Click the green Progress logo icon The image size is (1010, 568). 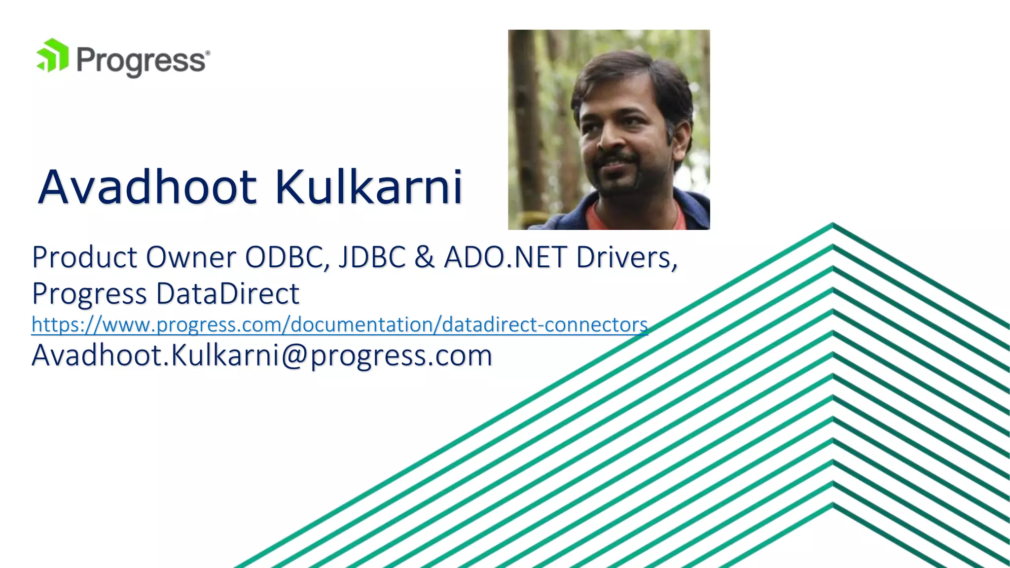point(52,56)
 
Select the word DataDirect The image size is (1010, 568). point(227,293)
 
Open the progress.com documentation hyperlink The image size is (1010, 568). point(339,324)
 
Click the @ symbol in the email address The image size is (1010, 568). point(295,355)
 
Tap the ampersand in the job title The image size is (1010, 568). point(424,257)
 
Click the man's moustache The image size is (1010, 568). point(614,160)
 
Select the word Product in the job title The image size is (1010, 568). point(84,257)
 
